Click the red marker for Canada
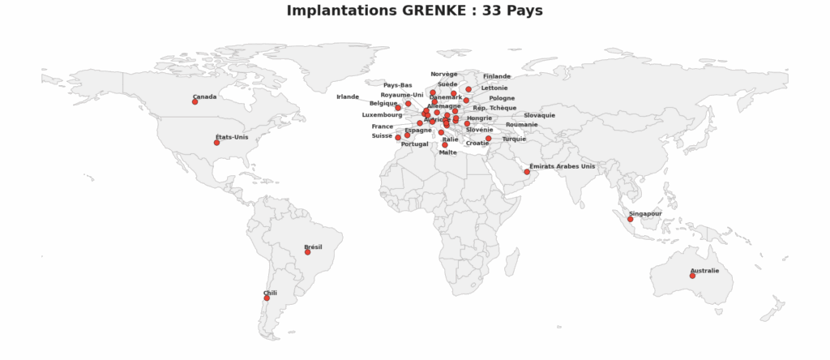click(195, 102)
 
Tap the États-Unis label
click(232, 137)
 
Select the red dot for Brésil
click(307, 252)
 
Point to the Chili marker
click(266, 298)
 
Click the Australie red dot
click(692, 276)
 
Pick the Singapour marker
click(630, 219)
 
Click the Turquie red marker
click(488, 139)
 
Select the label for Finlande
click(497, 76)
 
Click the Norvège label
click(444, 74)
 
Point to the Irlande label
click(348, 96)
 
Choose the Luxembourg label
click(382, 115)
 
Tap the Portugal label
click(414, 144)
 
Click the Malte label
click(447, 152)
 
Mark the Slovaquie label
click(539, 115)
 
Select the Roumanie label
click(521, 125)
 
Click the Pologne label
click(502, 98)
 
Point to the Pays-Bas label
click(397, 85)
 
